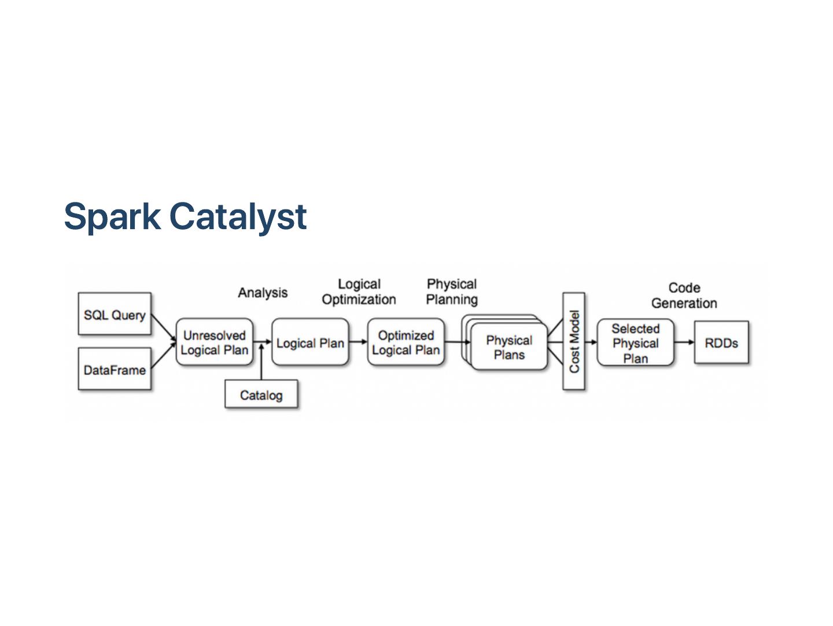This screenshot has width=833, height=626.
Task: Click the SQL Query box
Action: (115, 314)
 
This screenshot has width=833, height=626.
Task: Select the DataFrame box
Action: (115, 369)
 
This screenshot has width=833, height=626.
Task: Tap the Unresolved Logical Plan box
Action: (215, 343)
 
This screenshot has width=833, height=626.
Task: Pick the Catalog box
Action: (261, 395)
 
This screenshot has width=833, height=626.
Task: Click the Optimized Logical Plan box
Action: (406, 343)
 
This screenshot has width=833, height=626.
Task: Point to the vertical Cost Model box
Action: (574, 341)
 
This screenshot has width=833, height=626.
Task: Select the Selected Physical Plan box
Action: (635, 343)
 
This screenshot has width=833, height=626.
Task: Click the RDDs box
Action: (721, 343)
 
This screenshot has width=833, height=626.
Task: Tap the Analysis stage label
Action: (263, 293)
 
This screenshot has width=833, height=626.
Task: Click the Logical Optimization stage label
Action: (359, 292)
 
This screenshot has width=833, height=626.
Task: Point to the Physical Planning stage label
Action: (452, 292)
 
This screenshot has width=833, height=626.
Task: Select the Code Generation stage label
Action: (684, 295)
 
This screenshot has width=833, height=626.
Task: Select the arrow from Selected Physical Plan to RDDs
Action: (684, 342)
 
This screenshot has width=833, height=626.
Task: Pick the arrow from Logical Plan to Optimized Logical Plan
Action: (358, 342)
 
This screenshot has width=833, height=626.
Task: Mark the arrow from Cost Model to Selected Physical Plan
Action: (591, 342)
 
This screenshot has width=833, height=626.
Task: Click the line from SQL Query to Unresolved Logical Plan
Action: (164, 328)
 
